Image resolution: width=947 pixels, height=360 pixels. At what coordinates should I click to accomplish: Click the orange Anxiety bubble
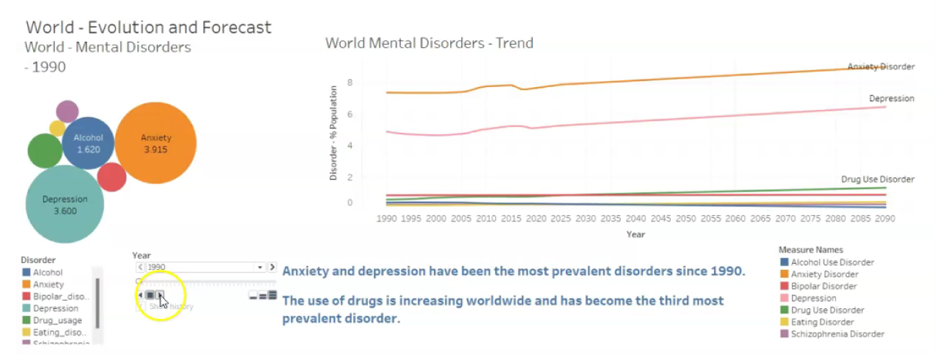click(156, 143)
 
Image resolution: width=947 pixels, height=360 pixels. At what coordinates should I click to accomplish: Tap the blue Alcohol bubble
click(88, 143)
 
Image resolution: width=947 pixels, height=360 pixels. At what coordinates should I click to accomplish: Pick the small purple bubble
click(67, 112)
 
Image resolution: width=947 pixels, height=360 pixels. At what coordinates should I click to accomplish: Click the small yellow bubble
click(57, 129)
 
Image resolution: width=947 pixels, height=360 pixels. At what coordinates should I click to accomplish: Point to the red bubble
click(112, 177)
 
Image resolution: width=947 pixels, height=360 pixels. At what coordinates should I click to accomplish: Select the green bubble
click(45, 150)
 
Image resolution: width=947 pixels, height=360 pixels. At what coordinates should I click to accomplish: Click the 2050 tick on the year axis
click(686, 219)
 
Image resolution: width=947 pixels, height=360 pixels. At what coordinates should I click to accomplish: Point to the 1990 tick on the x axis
click(386, 219)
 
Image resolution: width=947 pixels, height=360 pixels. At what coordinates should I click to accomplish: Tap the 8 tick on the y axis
click(349, 82)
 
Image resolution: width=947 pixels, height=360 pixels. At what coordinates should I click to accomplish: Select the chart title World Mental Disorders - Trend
click(429, 43)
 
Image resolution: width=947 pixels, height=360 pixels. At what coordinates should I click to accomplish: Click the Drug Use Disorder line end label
click(877, 180)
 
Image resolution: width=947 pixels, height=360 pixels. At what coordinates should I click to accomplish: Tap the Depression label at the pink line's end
click(891, 99)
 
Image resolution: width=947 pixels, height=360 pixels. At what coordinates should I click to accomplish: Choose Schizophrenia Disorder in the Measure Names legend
click(837, 334)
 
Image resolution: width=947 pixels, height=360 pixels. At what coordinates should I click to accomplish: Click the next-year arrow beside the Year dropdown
click(271, 267)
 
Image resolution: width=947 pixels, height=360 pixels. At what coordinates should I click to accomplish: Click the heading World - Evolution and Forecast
click(149, 28)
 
